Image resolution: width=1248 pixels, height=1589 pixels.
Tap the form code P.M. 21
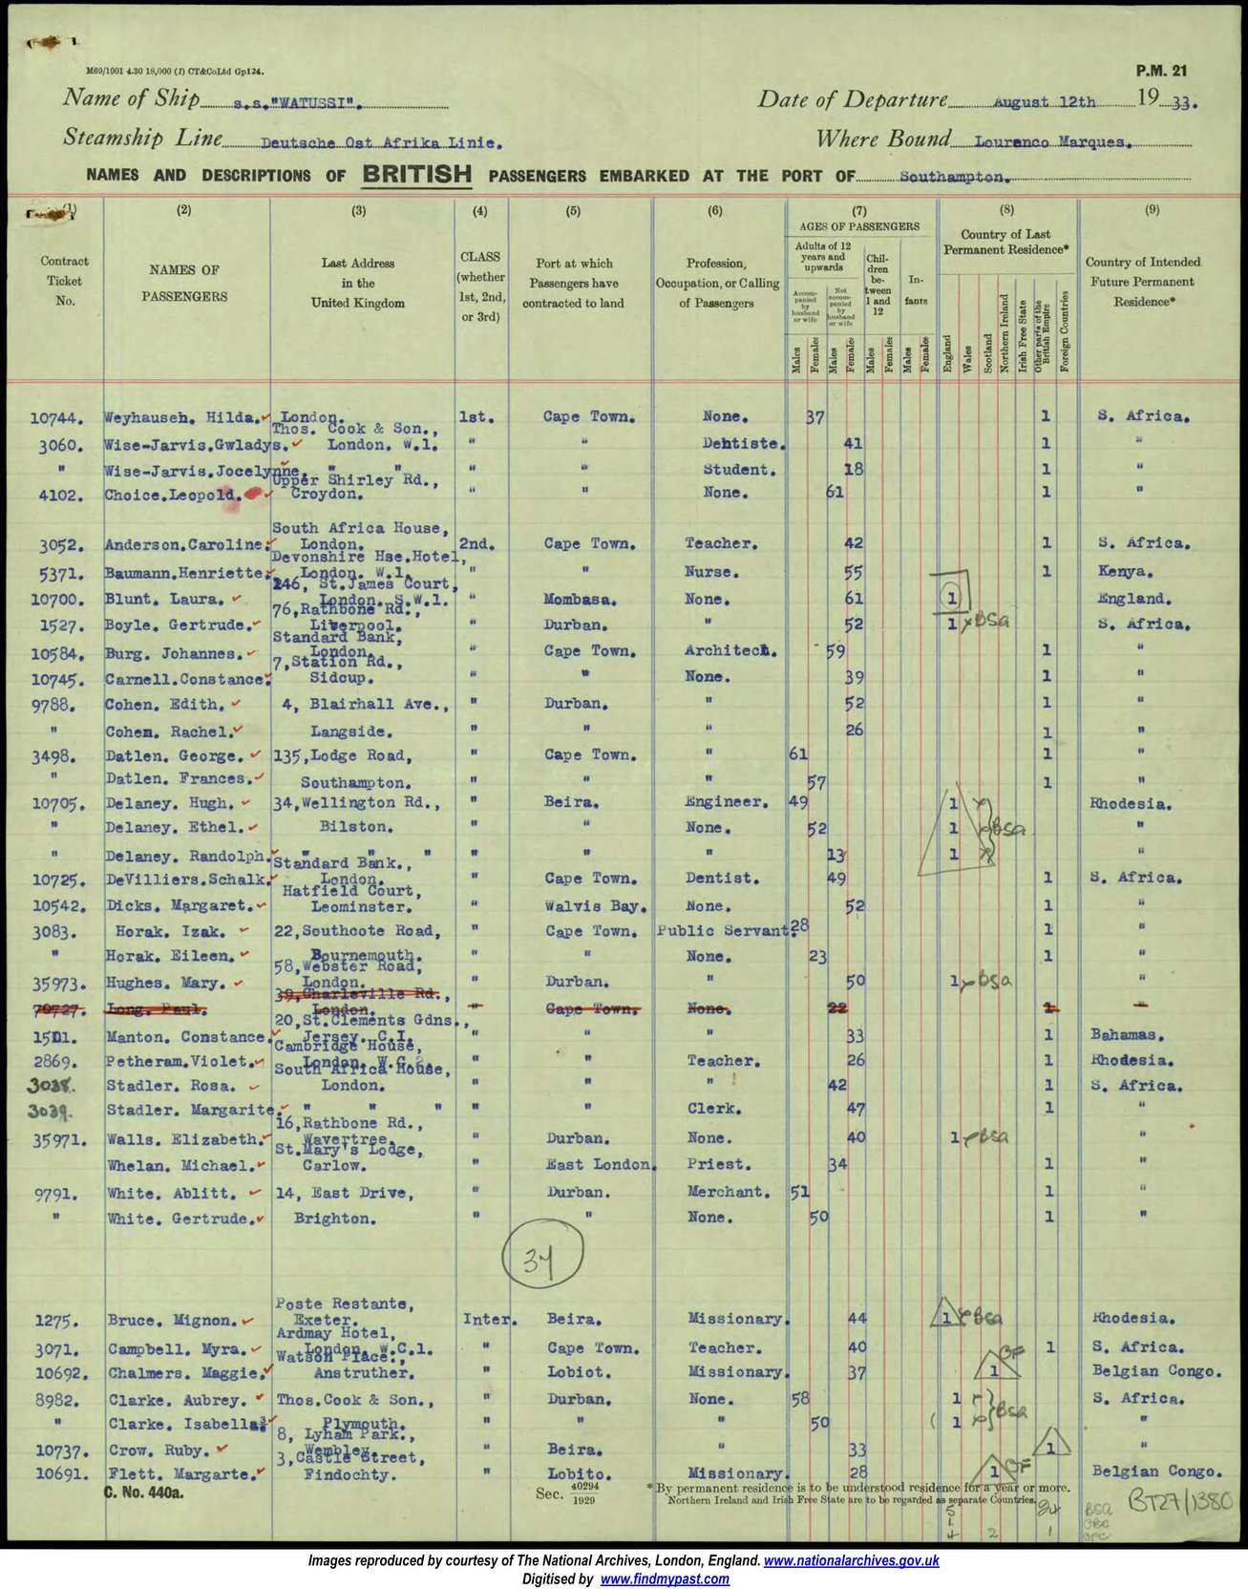(1161, 71)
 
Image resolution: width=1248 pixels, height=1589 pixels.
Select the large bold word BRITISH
(416, 174)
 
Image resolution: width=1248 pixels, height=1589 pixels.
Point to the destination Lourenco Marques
(1052, 142)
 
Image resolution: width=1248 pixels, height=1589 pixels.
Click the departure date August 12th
(1044, 102)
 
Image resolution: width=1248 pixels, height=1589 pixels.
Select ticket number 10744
(57, 417)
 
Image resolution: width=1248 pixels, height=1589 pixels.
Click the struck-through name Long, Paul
(157, 1008)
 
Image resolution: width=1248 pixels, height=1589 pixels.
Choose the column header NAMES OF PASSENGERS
(184, 283)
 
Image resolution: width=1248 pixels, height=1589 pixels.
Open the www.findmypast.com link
(665, 1579)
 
